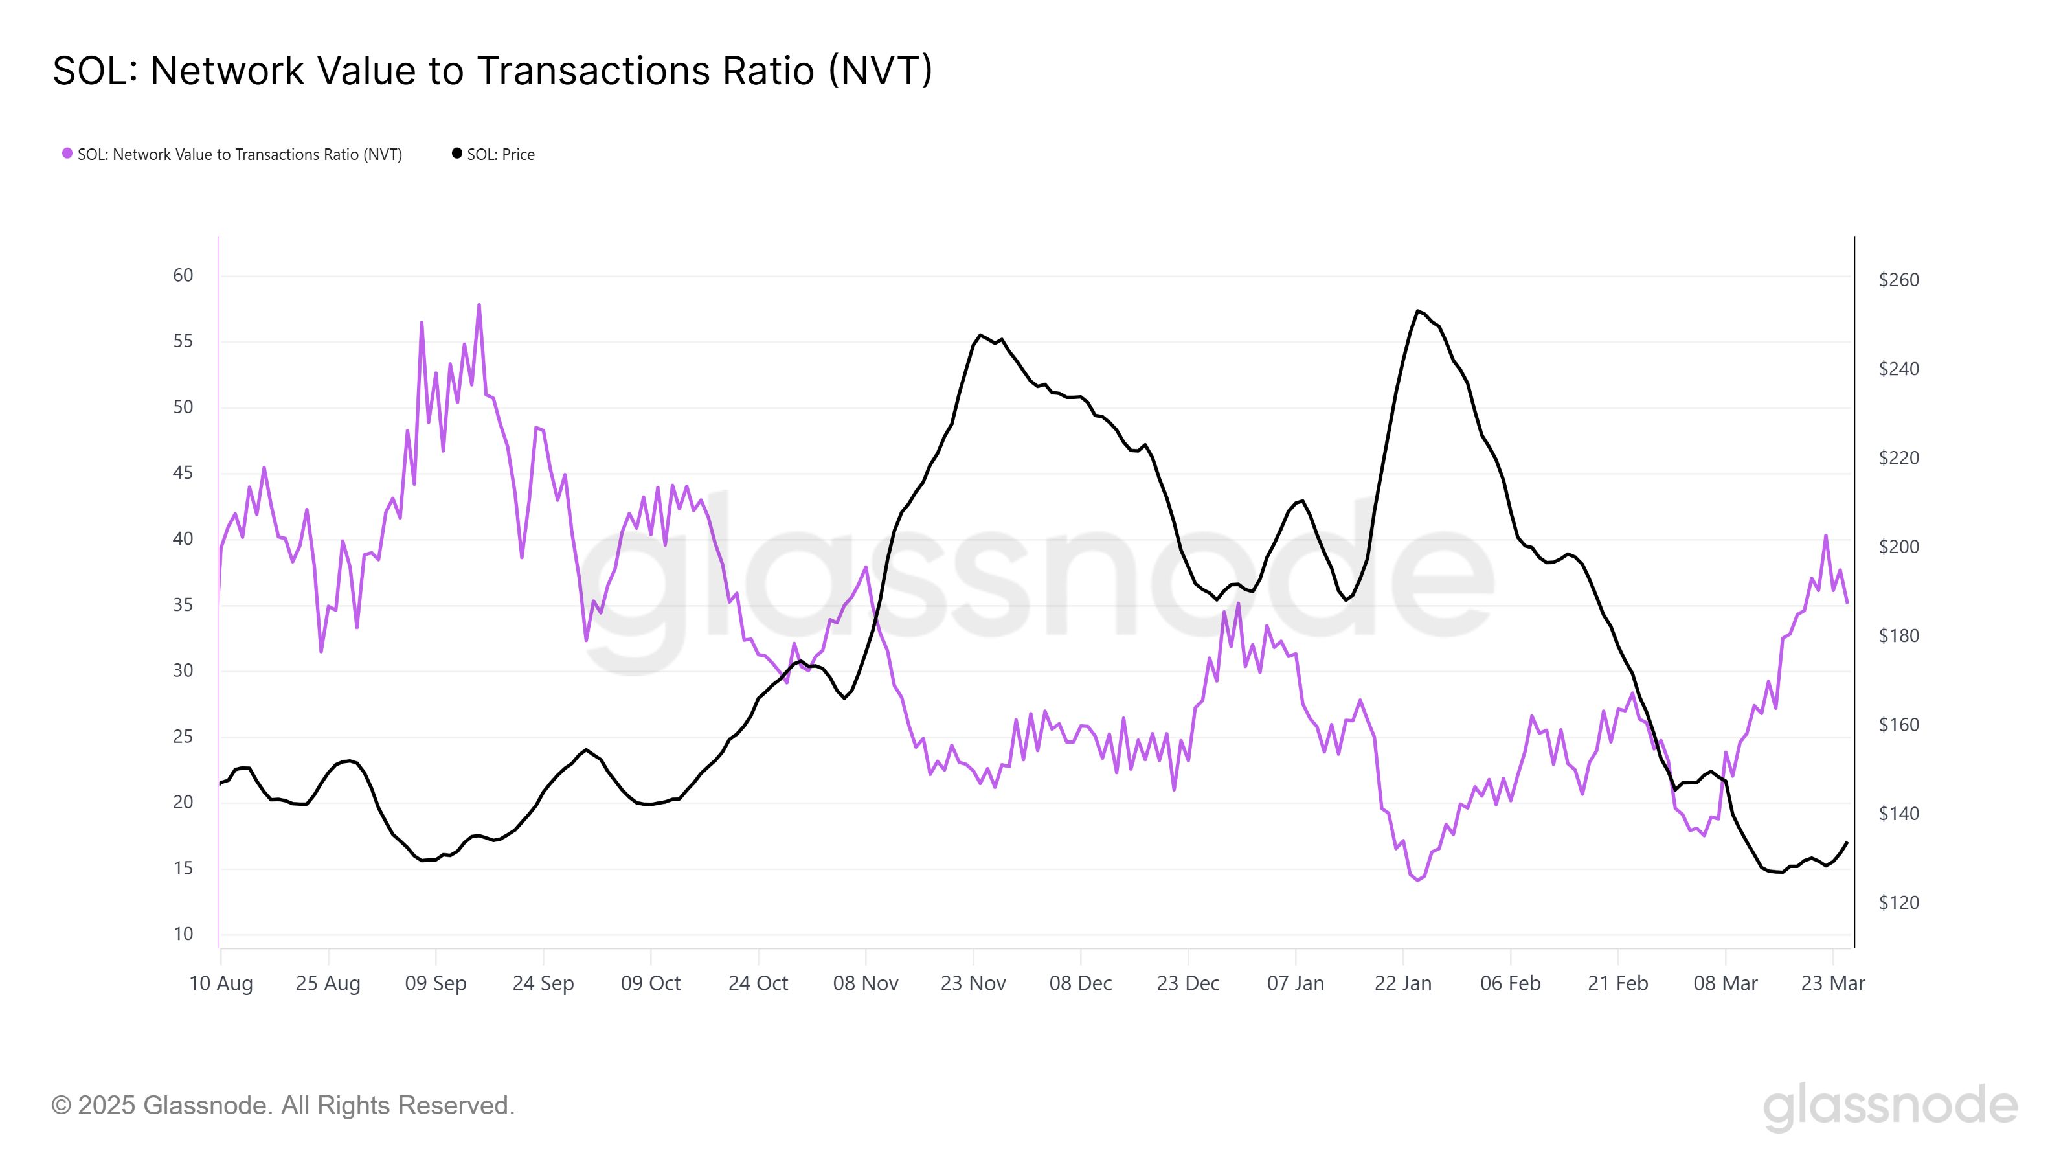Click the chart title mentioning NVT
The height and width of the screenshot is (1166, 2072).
pos(492,71)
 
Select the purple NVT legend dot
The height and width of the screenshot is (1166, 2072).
pos(67,154)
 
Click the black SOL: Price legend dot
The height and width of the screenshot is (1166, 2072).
pos(457,154)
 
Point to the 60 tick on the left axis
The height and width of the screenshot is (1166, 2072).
pos(183,275)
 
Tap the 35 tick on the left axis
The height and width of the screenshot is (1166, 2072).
pos(183,604)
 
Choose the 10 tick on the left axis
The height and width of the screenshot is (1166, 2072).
pos(183,933)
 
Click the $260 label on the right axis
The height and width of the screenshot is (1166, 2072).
pos(1898,280)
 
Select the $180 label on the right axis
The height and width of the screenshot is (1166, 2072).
pos(1898,635)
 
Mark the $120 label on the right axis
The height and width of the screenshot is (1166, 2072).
pos(1898,903)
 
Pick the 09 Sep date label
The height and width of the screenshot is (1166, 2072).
pos(435,983)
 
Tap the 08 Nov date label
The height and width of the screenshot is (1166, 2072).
pos(866,983)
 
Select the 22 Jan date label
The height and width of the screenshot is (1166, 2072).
pos(1402,983)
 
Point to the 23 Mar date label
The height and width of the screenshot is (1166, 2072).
pos(1832,983)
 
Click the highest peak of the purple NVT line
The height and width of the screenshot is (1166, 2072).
pos(479,305)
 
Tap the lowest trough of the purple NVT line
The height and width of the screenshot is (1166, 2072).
pos(1417,880)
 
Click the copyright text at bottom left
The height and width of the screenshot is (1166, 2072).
pos(283,1106)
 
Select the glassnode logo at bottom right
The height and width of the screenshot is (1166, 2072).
pos(1889,1106)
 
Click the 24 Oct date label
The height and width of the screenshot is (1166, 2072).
pos(758,983)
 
